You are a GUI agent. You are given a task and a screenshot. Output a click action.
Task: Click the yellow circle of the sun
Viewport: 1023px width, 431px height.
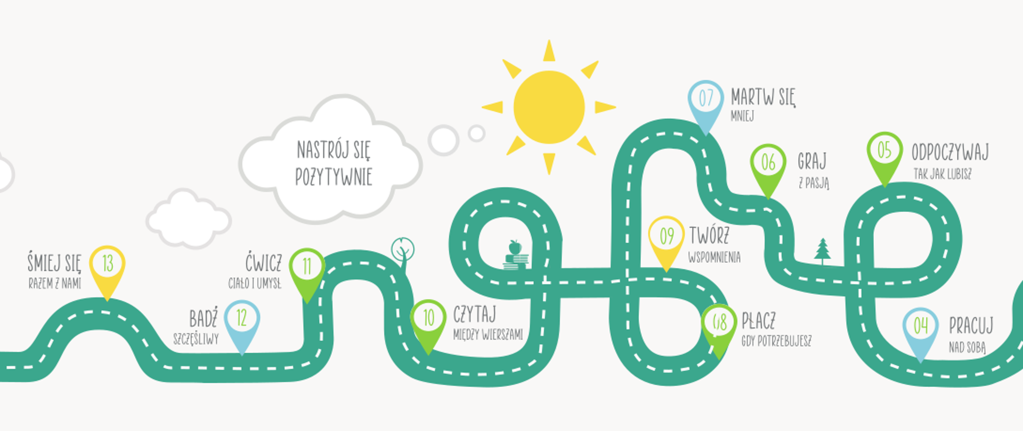549,107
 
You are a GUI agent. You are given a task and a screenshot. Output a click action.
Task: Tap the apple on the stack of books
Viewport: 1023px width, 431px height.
515,247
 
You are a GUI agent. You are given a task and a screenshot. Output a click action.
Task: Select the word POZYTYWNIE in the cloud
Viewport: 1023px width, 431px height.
334,177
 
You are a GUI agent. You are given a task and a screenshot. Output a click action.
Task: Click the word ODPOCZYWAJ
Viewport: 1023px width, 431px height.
949,153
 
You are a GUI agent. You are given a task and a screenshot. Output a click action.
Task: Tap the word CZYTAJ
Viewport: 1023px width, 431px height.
474,314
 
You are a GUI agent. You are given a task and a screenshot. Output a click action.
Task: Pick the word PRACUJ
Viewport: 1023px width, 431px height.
971,326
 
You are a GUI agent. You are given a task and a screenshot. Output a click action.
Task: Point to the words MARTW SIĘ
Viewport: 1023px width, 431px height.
762,98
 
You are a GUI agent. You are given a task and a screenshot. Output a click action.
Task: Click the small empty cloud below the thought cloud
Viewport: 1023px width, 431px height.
188,219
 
